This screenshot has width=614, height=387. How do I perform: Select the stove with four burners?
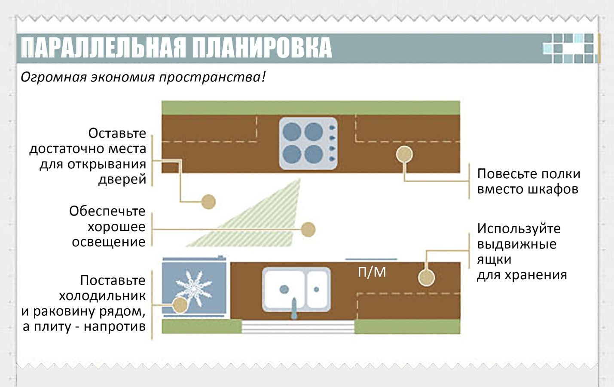point(309,143)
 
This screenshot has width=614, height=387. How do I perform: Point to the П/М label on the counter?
point(372,272)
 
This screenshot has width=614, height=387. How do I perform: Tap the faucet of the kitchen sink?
point(294,308)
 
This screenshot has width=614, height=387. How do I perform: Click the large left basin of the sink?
point(284,289)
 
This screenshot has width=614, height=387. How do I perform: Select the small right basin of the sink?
point(317,289)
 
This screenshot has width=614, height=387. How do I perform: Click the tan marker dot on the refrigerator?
point(180,305)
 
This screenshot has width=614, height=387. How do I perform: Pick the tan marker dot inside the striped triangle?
point(308,229)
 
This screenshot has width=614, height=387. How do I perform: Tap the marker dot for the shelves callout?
point(404,154)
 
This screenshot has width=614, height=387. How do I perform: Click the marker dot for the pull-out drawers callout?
point(427,277)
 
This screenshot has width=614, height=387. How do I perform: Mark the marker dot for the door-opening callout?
point(208,202)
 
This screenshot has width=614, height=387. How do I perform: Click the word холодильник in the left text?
point(102,296)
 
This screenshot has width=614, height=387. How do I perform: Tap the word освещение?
point(109,242)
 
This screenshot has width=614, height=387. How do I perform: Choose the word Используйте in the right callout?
point(519,229)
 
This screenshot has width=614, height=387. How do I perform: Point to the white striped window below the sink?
point(298,327)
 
